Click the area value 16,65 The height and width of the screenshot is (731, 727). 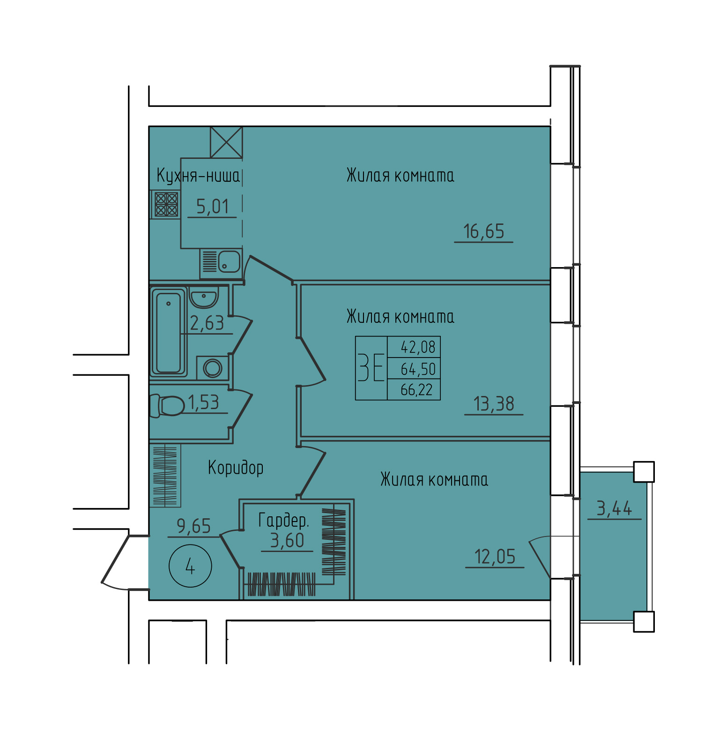(x=483, y=231)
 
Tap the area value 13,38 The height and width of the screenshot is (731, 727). (x=494, y=404)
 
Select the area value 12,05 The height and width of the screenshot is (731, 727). (x=495, y=557)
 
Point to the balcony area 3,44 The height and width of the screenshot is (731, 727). (x=614, y=508)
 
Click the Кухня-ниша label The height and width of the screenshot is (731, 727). (x=198, y=176)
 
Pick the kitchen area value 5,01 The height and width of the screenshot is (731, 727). (x=212, y=207)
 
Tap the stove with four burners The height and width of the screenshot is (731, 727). (x=166, y=204)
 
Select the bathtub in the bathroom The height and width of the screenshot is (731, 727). (x=169, y=332)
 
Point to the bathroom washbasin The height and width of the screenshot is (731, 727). (x=204, y=297)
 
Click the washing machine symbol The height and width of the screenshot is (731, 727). (x=213, y=368)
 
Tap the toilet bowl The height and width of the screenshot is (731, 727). (x=167, y=406)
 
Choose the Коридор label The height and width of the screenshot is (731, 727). (x=236, y=468)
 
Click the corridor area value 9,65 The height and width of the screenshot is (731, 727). (x=194, y=526)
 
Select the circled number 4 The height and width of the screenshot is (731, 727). (x=190, y=566)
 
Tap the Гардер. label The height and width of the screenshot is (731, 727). (x=284, y=520)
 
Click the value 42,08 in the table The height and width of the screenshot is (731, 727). (x=418, y=347)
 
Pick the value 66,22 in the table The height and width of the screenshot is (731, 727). (x=416, y=390)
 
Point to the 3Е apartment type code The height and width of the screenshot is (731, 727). (x=371, y=368)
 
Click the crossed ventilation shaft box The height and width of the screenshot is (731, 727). (x=226, y=142)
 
